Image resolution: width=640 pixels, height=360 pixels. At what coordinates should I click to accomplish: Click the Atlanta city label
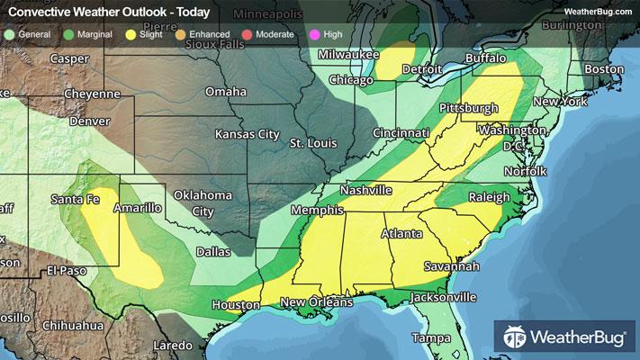point(402,234)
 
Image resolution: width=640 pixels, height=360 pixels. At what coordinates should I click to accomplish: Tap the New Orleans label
point(316,302)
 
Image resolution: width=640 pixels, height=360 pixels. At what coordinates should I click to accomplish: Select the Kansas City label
point(247,134)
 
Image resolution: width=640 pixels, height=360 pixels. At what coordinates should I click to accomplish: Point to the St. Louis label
point(313,143)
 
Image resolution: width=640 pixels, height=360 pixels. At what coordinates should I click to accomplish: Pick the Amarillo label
point(137,208)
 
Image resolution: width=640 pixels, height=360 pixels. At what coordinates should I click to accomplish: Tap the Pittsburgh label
point(468,108)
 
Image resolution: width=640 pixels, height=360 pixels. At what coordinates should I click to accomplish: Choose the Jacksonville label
point(443,297)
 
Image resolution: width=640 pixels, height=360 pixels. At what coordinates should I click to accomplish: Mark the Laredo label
point(173,346)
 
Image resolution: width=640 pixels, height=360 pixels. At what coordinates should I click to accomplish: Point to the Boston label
point(604,69)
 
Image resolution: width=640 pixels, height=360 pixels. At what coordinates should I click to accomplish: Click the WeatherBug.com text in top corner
point(598,11)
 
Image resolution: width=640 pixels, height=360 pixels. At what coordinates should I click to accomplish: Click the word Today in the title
point(190,12)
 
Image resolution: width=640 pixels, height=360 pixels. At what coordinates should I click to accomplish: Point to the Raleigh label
point(490,197)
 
